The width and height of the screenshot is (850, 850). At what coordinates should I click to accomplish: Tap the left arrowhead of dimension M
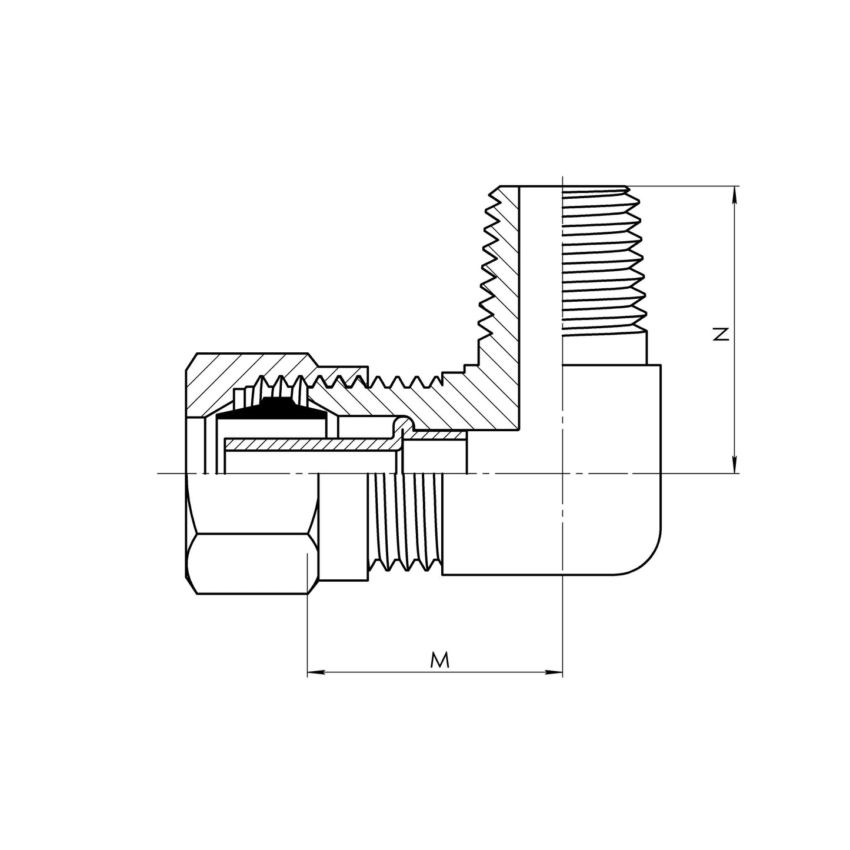(314, 672)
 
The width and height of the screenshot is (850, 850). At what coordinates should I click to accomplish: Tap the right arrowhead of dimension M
(557, 672)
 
